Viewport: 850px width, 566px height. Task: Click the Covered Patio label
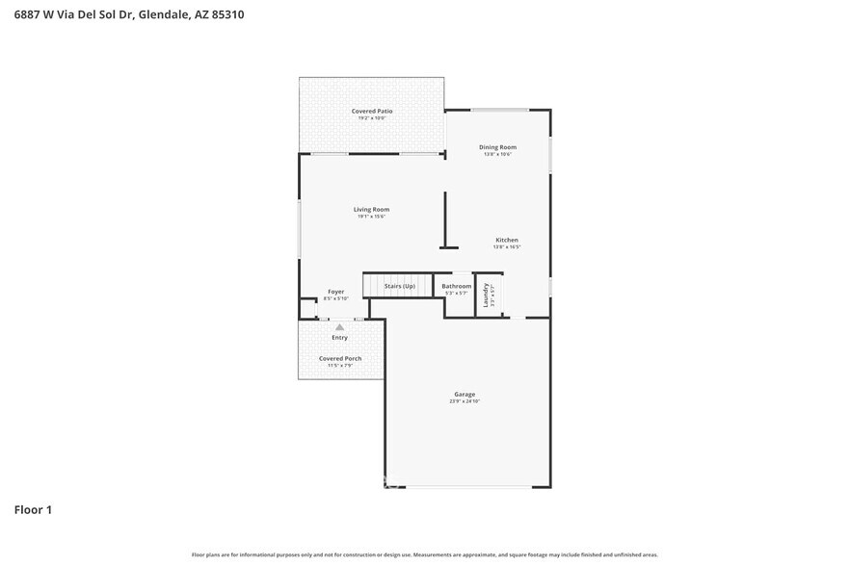tap(372, 112)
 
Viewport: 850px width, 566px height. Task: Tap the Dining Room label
tap(497, 147)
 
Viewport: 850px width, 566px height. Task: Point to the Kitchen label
tap(507, 240)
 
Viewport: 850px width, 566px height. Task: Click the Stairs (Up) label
tap(399, 286)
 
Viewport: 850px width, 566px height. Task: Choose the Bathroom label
tap(456, 286)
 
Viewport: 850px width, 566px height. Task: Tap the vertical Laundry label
tap(487, 294)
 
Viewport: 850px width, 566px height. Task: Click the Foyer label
tap(335, 292)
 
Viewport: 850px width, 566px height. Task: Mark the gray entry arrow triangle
tap(339, 327)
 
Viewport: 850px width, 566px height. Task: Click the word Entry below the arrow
tap(339, 338)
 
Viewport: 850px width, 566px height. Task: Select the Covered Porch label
tap(340, 358)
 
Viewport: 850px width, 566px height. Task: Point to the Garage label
tap(465, 394)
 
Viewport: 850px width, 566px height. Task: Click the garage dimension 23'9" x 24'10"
tap(465, 401)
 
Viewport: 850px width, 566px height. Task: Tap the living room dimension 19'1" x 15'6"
tap(371, 217)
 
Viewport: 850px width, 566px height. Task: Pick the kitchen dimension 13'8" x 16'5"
tap(507, 247)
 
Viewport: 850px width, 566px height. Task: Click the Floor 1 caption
tap(33, 509)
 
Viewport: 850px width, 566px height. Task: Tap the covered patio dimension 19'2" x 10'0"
tap(372, 118)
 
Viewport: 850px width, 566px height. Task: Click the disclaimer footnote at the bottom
tap(424, 554)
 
